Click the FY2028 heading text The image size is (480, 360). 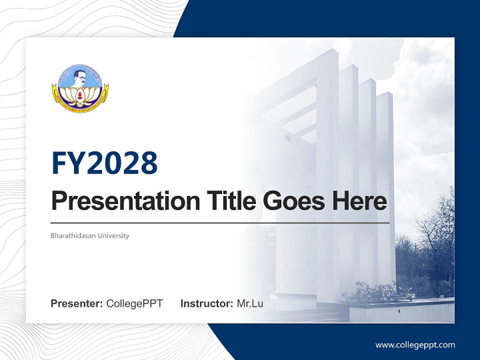coord(104,163)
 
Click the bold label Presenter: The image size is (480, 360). coord(76,303)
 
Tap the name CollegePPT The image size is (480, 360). coord(134,303)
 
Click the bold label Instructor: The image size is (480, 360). coord(206,303)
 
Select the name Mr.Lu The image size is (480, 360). coord(250,303)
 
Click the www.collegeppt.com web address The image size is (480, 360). coord(415,345)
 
